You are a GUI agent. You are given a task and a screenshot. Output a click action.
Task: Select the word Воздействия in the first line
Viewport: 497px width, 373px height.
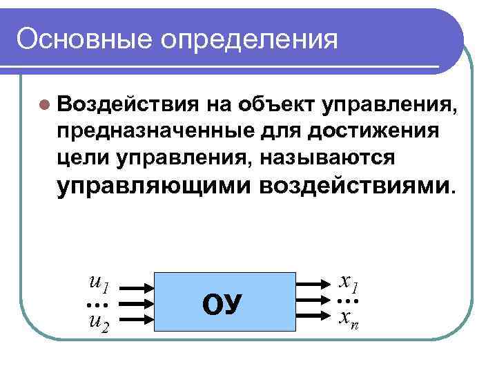click(x=128, y=104)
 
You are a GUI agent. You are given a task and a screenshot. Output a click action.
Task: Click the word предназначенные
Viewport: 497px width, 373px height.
click(x=160, y=131)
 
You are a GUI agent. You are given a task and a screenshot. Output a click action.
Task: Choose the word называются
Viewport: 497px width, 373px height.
click(x=328, y=158)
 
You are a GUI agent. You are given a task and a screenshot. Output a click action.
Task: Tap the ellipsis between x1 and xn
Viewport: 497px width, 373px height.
click(x=347, y=302)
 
